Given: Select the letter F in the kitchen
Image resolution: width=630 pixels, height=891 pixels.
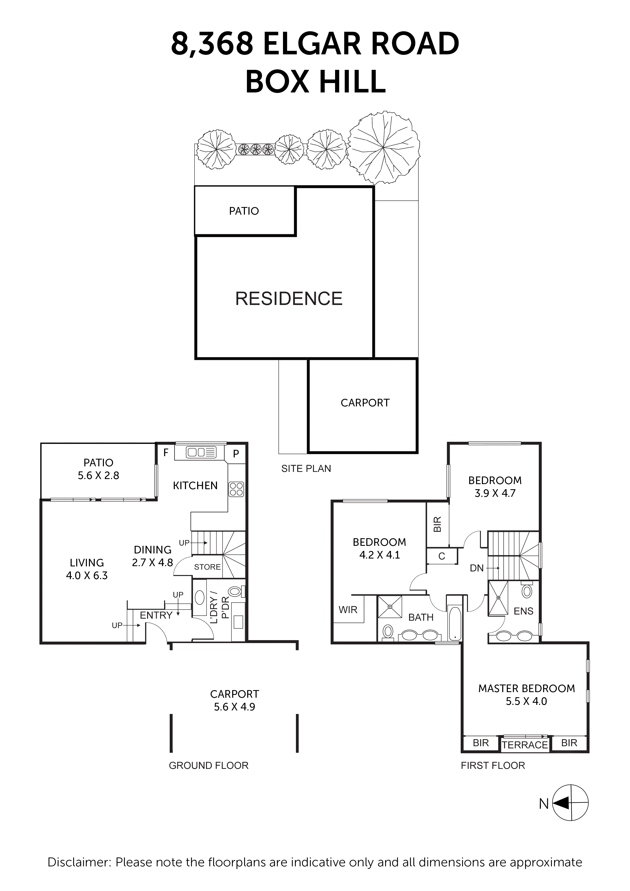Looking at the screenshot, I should coord(166,453).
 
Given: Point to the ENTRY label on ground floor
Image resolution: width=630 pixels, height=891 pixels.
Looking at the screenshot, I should coord(156,615).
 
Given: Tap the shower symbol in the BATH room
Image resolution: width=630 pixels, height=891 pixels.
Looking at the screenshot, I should coord(390,607).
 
